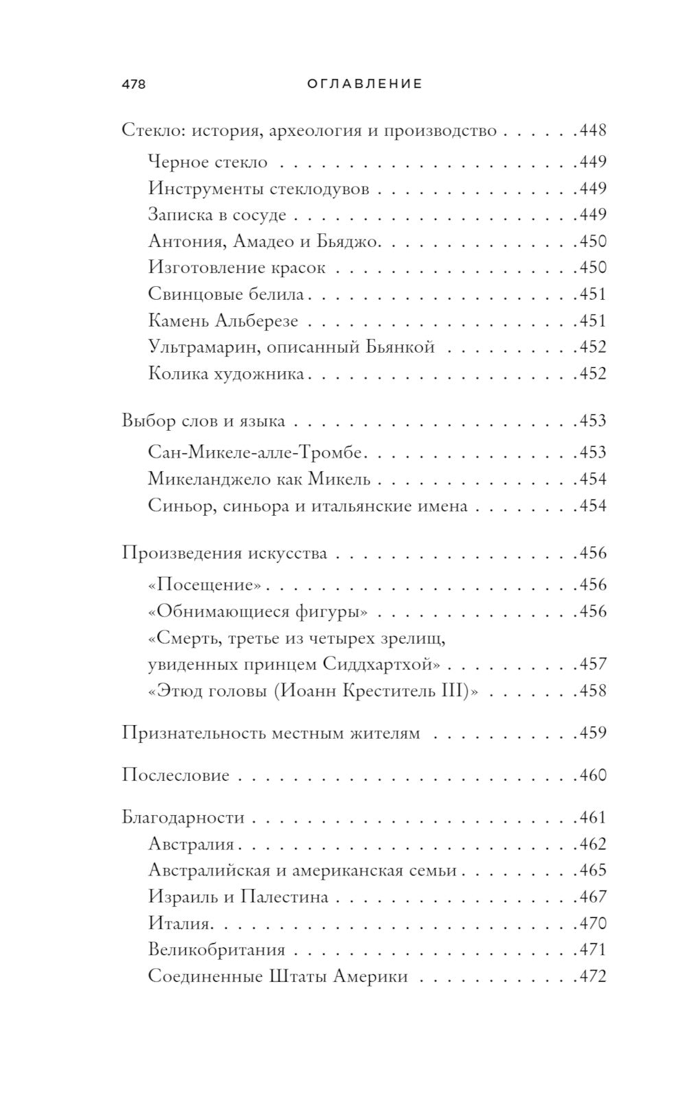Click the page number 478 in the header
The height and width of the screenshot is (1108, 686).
pyautogui.click(x=134, y=84)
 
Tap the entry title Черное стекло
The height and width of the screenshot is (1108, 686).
pyautogui.click(x=208, y=163)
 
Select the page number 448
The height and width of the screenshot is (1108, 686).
pyautogui.click(x=593, y=130)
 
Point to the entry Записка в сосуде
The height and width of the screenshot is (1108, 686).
pyautogui.click(x=217, y=215)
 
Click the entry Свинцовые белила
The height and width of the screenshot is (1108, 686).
pyautogui.click(x=226, y=294)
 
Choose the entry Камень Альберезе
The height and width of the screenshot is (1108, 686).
pyautogui.click(x=223, y=321)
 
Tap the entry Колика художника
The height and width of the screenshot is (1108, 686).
pyautogui.click(x=226, y=374)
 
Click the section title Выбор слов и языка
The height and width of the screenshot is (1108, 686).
pyautogui.click(x=204, y=421)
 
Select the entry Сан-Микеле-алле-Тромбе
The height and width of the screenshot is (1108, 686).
pyautogui.click(x=255, y=453)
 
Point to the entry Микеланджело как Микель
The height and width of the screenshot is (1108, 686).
pyautogui.click(x=259, y=479)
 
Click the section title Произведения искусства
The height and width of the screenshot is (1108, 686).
pyautogui.click(x=224, y=553)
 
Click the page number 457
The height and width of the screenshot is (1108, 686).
pyautogui.click(x=593, y=664)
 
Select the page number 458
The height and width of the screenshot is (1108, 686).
pyautogui.click(x=593, y=691)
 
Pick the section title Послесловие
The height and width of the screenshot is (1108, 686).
pyautogui.click(x=176, y=775)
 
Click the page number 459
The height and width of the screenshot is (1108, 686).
pyautogui.click(x=593, y=733)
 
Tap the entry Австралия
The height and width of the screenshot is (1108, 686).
pyautogui.click(x=191, y=845)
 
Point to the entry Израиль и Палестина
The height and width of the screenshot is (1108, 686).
pyautogui.click(x=238, y=897)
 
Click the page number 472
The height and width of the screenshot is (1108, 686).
pyautogui.click(x=593, y=976)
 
